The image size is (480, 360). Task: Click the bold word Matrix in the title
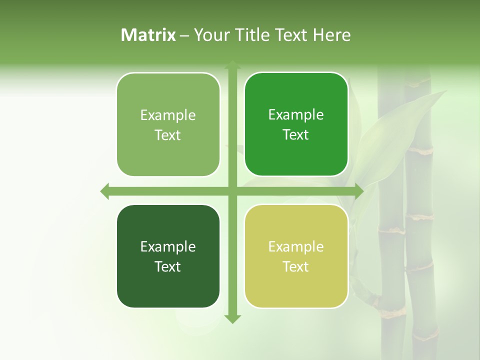pyautogui.click(x=148, y=35)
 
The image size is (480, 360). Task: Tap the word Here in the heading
pyautogui.click(x=331, y=35)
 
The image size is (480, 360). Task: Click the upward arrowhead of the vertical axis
pyautogui.click(x=232, y=65)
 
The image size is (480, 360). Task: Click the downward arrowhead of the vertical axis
pyautogui.click(x=232, y=318)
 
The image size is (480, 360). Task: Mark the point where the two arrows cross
pyautogui.click(x=232, y=191)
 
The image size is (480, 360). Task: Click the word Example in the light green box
pyautogui.click(x=168, y=115)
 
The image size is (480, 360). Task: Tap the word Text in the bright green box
pyautogui.click(x=295, y=135)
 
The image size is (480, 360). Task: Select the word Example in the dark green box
pyautogui.click(x=168, y=247)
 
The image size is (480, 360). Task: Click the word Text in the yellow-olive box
pyautogui.click(x=295, y=266)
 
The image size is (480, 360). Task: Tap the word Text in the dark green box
pyautogui.click(x=167, y=266)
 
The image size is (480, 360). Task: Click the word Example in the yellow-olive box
pyautogui.click(x=296, y=247)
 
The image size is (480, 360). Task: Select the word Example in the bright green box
pyautogui.click(x=296, y=115)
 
